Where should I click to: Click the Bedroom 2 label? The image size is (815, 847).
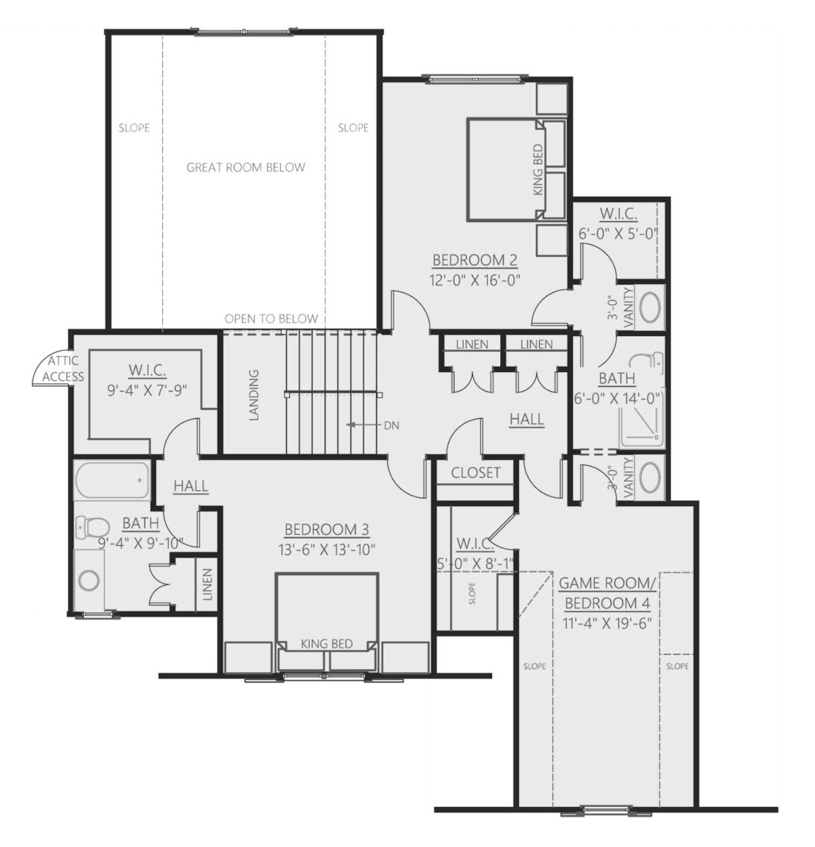[x=475, y=260]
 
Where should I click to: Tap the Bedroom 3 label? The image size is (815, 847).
[x=327, y=530]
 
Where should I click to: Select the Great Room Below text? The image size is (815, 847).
[x=246, y=168]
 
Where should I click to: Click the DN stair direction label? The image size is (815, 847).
[x=392, y=426]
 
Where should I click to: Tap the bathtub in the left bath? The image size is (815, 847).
[x=112, y=480]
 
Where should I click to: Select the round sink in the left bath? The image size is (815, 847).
[x=89, y=581]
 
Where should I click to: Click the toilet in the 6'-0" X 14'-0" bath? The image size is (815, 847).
[x=649, y=363]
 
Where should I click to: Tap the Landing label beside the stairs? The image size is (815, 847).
[x=254, y=395]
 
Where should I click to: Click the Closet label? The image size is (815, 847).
[x=475, y=473]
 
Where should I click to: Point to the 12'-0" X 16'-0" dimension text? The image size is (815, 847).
[x=475, y=281]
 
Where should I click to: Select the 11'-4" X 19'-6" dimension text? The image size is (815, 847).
[x=607, y=624]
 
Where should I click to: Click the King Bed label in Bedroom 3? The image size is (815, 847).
[x=327, y=644]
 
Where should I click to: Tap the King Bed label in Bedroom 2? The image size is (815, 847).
[x=539, y=170]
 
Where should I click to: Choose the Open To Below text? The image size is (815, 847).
[x=271, y=319]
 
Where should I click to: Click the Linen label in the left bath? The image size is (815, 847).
[x=207, y=584]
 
